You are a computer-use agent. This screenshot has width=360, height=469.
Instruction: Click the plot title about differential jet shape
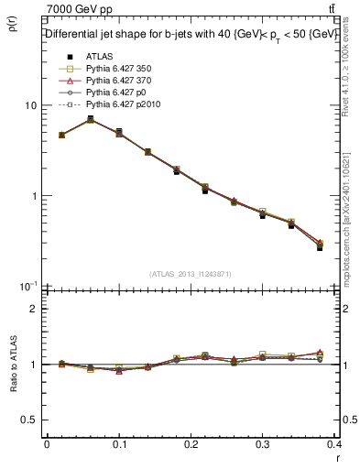191,34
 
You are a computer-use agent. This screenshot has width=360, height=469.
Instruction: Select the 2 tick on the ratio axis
34,309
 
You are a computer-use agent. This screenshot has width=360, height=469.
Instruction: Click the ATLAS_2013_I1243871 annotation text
191,274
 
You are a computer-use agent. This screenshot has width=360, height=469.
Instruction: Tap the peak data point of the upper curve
90,119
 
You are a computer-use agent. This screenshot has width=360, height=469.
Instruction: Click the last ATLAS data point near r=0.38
320,247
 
